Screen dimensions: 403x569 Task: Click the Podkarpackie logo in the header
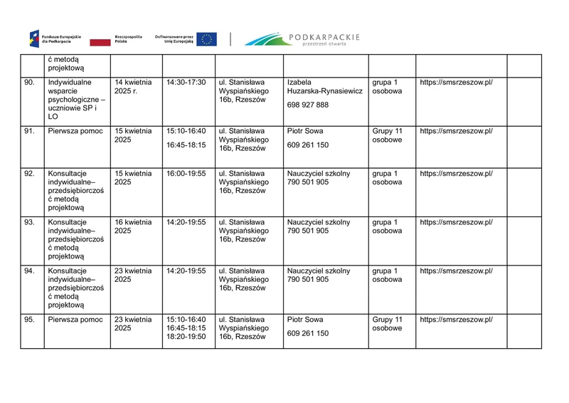(x=302, y=38)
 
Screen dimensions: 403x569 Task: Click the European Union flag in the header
(x=208, y=39)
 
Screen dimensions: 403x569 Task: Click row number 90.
(x=29, y=83)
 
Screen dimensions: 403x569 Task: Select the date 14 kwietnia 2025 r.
(x=133, y=87)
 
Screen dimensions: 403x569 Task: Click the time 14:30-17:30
(x=186, y=83)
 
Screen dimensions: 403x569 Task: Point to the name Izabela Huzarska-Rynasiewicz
(x=324, y=87)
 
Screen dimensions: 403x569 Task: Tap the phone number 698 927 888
(x=307, y=105)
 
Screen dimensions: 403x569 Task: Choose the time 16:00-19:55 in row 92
(x=186, y=173)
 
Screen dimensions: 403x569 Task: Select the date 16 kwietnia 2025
(x=133, y=226)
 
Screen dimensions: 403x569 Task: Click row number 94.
(x=29, y=271)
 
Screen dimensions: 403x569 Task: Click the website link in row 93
(x=456, y=222)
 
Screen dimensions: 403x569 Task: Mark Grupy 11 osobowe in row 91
(x=387, y=135)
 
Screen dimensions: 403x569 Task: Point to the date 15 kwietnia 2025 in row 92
(x=133, y=177)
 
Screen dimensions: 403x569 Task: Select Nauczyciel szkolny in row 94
(x=318, y=271)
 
